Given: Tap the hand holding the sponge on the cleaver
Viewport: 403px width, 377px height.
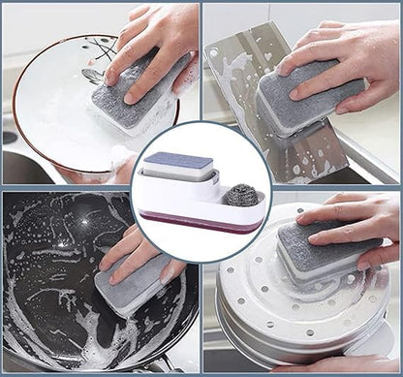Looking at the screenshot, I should [349, 58].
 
